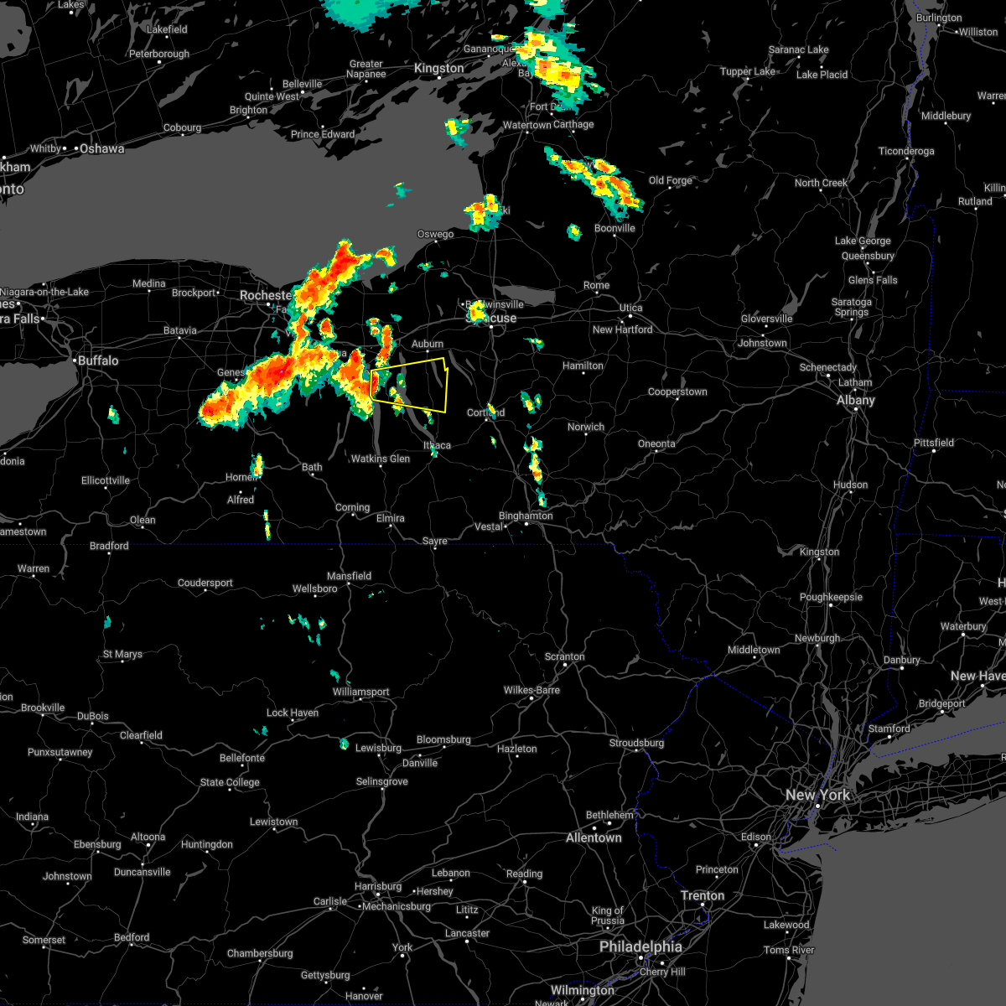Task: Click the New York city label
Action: tap(817, 795)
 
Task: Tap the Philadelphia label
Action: tap(640, 946)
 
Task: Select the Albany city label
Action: tap(855, 400)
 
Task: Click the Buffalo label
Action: tap(98, 360)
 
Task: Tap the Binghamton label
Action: tap(526, 516)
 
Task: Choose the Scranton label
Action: tap(564, 656)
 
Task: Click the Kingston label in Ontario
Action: tap(438, 69)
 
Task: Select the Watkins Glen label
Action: tap(381, 459)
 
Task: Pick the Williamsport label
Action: tap(360, 692)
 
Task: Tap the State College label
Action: tap(230, 782)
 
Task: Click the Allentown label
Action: tap(594, 837)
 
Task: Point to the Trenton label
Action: tap(703, 895)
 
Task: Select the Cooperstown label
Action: tap(677, 392)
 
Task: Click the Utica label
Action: tap(630, 308)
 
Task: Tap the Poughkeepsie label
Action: tap(831, 597)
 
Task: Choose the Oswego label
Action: tap(435, 234)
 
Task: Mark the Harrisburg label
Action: tap(378, 886)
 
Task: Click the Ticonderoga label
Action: tap(905, 151)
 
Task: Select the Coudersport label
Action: tap(205, 583)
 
